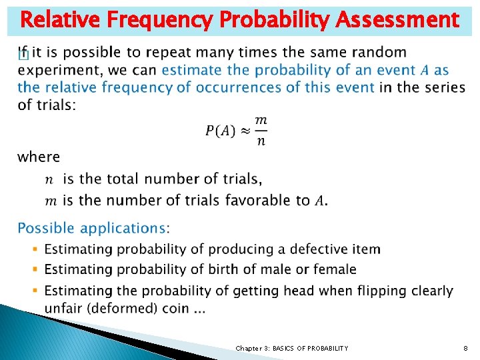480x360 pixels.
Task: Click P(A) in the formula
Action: [220, 131]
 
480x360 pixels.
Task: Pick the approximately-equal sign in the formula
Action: [245, 131]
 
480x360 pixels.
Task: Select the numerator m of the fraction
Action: [261, 120]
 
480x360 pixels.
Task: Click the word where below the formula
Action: [39, 157]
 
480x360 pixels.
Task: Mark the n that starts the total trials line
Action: [49, 179]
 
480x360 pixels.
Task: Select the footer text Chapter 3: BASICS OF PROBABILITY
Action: [291, 348]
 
